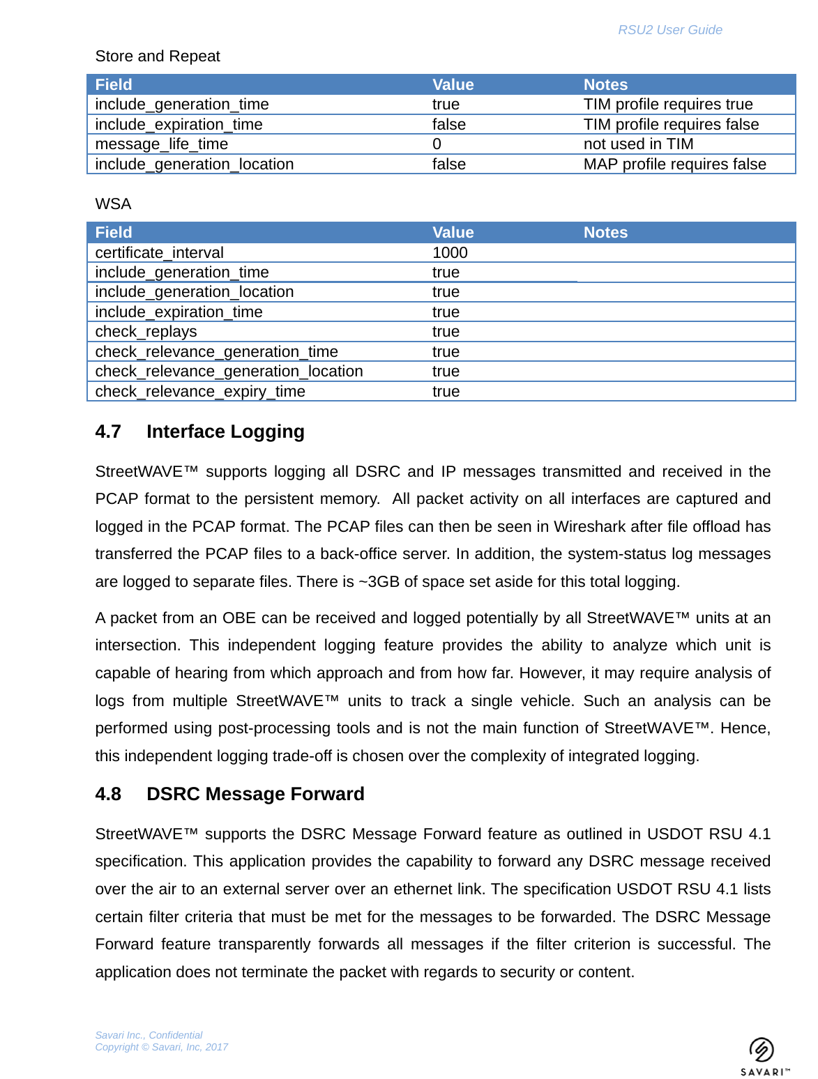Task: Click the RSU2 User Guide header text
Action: point(669,30)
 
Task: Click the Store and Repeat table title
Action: point(158,56)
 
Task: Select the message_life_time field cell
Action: point(162,144)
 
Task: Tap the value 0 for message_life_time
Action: point(437,144)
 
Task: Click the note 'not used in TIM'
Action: point(638,144)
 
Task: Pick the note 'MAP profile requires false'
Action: point(674,164)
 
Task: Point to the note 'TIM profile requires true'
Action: point(668,105)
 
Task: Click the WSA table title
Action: point(113,204)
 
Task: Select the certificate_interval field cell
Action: point(159,253)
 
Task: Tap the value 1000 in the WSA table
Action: point(450,253)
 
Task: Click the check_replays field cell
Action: point(146,332)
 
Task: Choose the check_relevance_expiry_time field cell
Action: point(200,392)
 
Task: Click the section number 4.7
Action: point(108,432)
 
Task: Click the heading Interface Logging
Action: point(225,432)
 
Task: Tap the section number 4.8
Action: point(108,795)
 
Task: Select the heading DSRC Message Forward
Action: point(255,795)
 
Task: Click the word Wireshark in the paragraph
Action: point(589,527)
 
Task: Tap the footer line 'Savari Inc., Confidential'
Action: point(149,1035)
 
